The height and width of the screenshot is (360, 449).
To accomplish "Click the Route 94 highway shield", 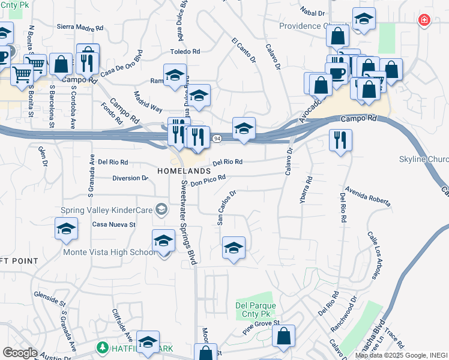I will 217,139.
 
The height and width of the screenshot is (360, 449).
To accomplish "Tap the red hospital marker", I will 424,20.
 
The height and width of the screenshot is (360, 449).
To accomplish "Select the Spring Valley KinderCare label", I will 107,210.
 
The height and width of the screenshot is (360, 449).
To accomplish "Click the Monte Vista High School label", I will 109,253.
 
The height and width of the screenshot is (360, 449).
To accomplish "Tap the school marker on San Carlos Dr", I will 234,247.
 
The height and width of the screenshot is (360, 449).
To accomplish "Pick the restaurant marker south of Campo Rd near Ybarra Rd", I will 340,140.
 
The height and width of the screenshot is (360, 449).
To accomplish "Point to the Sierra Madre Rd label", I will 80,27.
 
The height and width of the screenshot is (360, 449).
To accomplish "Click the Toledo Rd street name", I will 184,52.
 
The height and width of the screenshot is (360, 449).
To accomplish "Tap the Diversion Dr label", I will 130,178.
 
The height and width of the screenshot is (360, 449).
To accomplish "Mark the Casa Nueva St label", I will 114,224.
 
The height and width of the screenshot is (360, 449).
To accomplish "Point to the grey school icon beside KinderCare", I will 160,209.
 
